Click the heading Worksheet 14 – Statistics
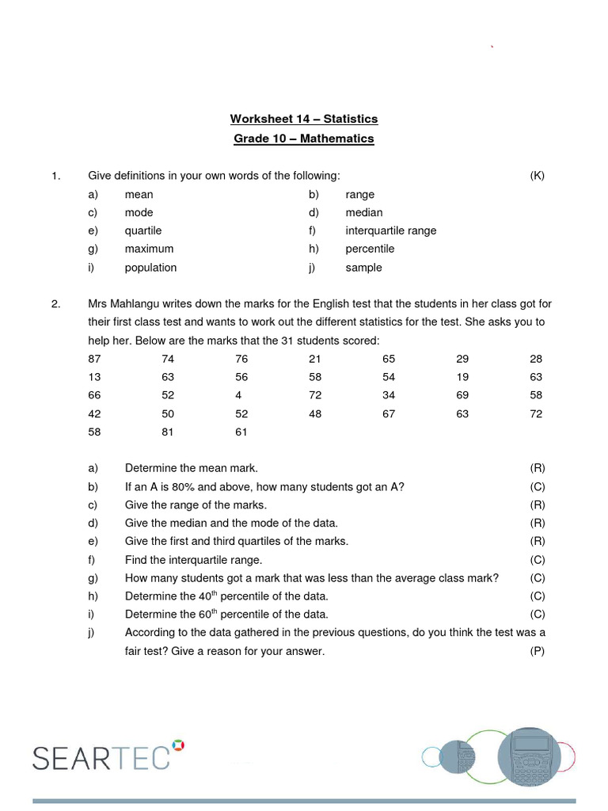[304, 119]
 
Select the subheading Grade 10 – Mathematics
[304, 139]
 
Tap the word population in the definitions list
[150, 268]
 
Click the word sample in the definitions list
[363, 268]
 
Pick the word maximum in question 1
[149, 249]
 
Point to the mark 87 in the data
[95, 359]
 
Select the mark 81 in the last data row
[168, 432]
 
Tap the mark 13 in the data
[95, 377]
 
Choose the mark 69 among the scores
[462, 395]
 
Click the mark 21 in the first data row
[315, 359]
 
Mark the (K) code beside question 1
[538, 176]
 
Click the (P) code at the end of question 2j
[538, 651]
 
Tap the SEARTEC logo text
[101, 758]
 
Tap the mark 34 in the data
[389, 395]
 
